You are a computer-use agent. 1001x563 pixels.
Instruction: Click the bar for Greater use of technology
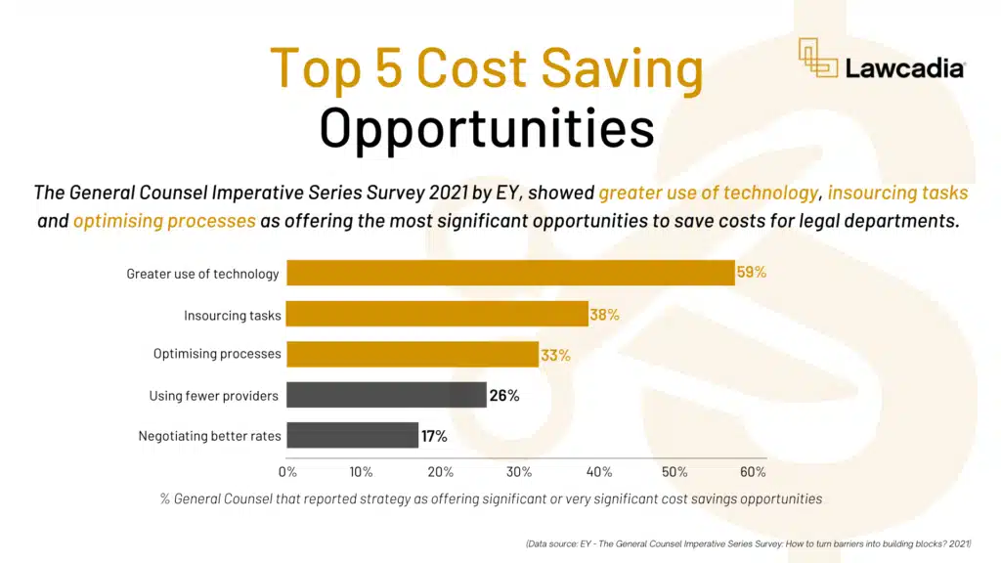coord(509,273)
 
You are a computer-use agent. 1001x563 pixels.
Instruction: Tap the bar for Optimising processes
coord(412,354)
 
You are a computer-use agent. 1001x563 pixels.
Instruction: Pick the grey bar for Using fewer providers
coord(385,395)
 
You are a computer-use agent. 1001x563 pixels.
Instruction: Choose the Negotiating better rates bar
coord(352,435)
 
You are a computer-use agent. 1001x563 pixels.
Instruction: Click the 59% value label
coord(751,273)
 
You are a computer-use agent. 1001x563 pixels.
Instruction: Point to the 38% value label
coord(604,315)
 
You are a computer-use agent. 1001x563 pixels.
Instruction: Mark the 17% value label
coord(434,436)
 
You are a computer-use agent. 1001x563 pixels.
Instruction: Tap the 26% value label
coord(503,396)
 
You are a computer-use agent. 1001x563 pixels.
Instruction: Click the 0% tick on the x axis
coord(287,472)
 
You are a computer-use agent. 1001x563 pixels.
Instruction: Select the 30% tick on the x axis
coord(519,472)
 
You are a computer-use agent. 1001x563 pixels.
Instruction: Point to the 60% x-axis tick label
coord(753,472)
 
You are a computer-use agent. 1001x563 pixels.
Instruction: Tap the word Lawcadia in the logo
coord(906,68)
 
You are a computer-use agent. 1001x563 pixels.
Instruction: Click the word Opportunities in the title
coord(487,129)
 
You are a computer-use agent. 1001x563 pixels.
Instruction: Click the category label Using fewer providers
coord(213,396)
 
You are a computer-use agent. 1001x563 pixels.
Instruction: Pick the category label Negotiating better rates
coord(209,436)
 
